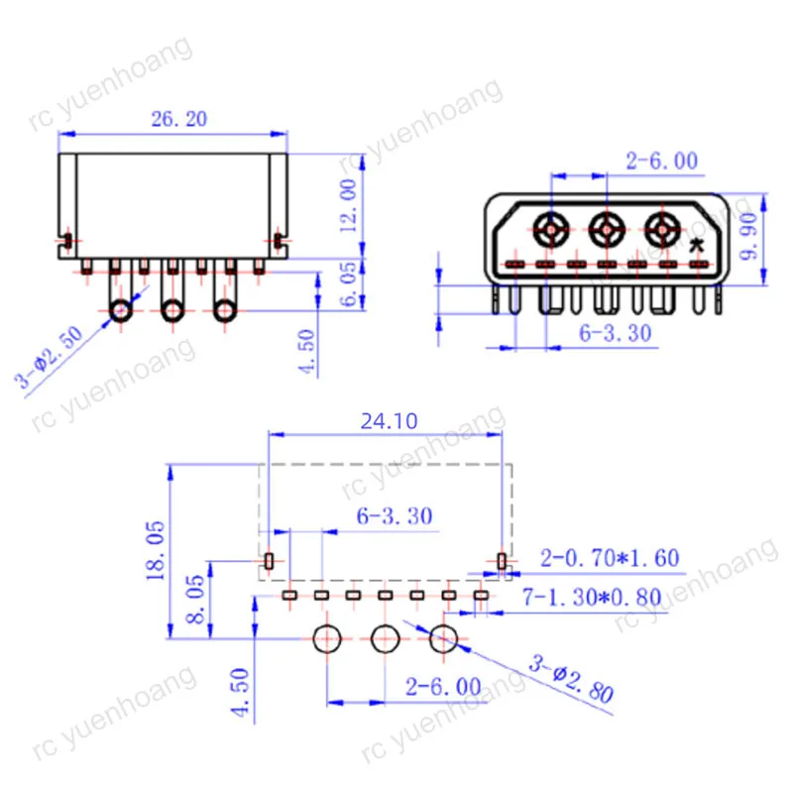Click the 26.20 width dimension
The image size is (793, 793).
pos(179,119)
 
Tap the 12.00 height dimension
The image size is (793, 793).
pos(348,206)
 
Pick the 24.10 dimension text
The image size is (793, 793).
pos(389,420)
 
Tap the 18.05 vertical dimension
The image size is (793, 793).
pos(156,551)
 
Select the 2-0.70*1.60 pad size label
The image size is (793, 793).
pos(609,558)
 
